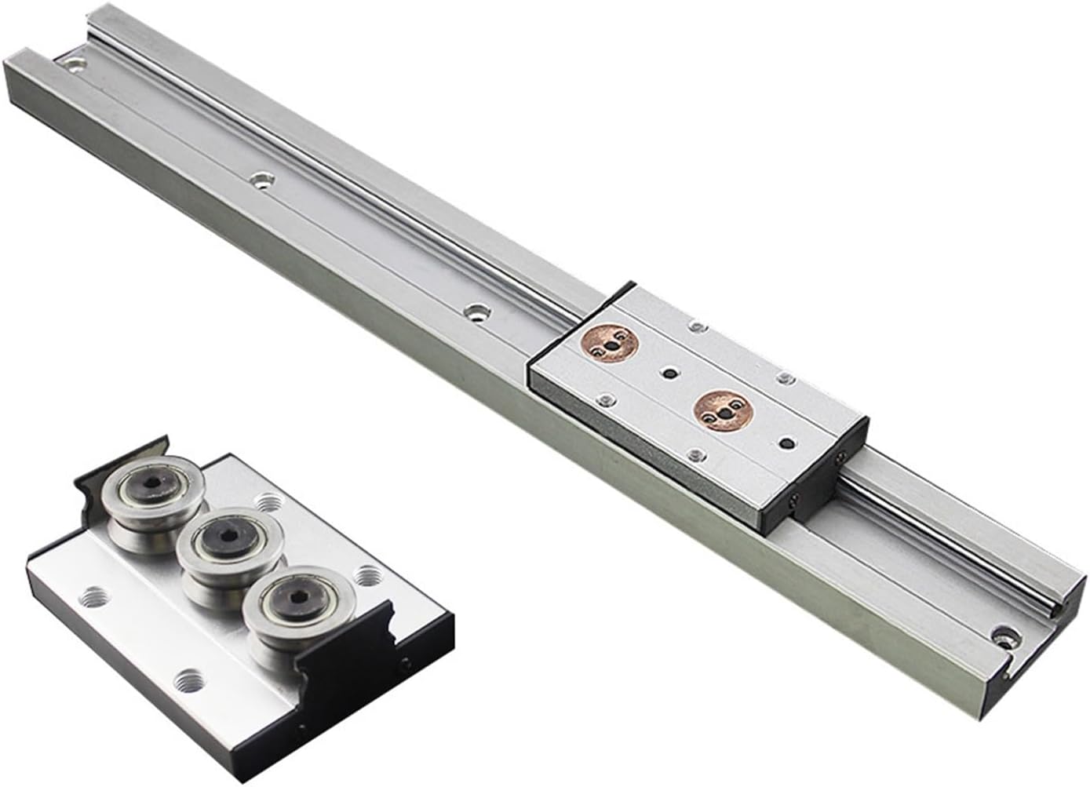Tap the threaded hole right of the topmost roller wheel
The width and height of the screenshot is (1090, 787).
point(268,500)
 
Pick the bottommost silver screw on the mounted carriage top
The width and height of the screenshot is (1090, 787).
point(694,453)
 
